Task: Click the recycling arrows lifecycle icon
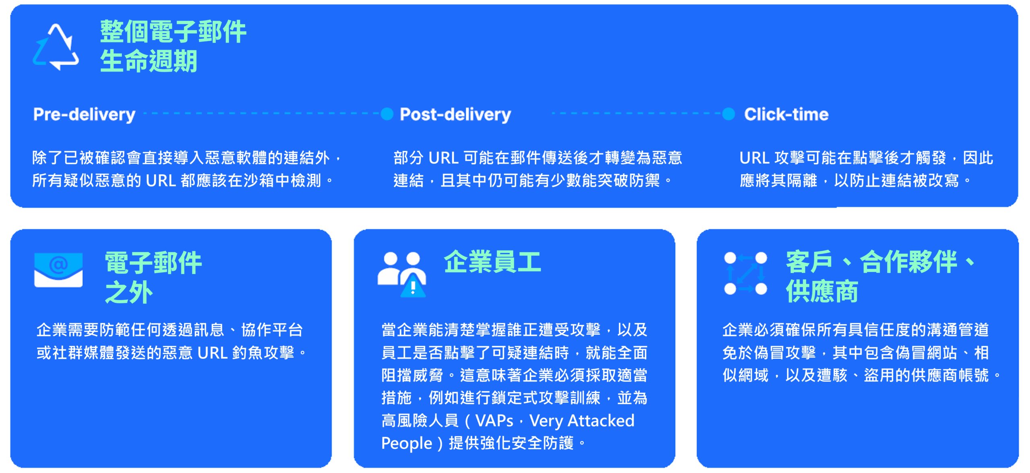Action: pos(56,47)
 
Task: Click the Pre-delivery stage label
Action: pos(84,115)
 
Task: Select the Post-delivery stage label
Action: pos(455,115)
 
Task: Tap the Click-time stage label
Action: pos(786,115)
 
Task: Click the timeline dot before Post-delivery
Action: pos(387,114)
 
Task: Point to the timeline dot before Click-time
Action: pos(728,114)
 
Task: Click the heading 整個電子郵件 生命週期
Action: pos(173,46)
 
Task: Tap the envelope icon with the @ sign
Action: pos(58,270)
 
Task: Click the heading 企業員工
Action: pos(492,262)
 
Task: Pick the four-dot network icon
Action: pos(745,274)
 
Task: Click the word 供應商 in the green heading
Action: pos(822,291)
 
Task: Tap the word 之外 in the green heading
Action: pos(129,292)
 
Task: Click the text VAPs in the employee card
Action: pos(494,421)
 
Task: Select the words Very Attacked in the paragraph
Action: pos(581,421)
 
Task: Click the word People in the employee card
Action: pos(406,443)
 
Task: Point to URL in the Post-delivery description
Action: pos(443,158)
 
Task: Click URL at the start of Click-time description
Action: pos(754,158)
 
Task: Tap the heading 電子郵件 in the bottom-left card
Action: pos(153,263)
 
